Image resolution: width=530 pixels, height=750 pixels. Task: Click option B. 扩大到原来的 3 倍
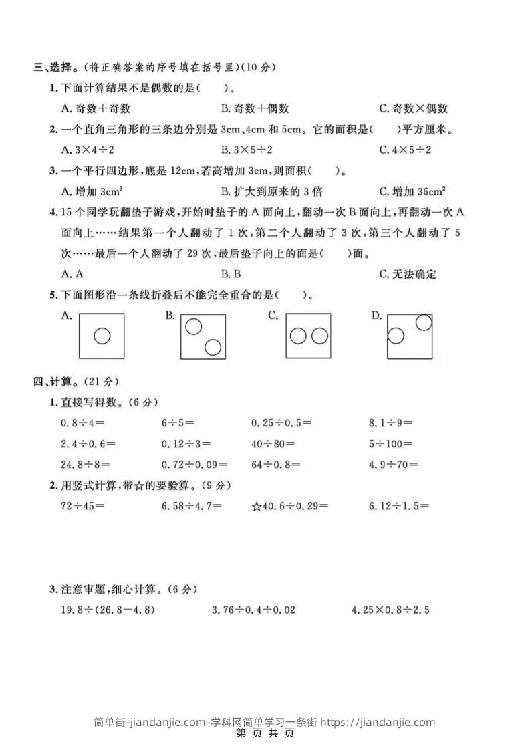click(271, 191)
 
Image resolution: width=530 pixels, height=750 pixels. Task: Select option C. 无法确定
click(407, 274)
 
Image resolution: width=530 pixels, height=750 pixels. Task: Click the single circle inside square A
click(102, 335)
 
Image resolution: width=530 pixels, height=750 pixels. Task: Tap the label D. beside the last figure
click(376, 316)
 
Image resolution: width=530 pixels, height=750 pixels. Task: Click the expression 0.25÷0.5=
click(281, 422)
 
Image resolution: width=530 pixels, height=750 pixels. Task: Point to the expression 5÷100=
click(390, 443)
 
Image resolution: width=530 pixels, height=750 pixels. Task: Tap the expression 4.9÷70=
click(393, 464)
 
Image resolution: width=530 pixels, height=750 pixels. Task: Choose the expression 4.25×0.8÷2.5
click(390, 610)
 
